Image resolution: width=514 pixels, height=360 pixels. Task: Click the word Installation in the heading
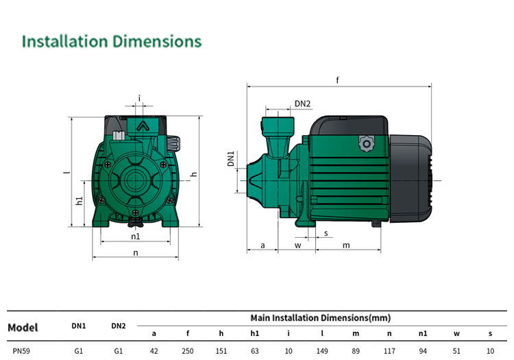pos(65,42)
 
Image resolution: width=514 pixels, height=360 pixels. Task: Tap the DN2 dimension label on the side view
pos(302,104)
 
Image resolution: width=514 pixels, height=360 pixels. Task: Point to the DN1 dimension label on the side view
pos(231,158)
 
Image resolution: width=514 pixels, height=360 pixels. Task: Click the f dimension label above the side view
pos(337,80)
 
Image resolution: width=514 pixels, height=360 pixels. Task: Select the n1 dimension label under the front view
pos(136,236)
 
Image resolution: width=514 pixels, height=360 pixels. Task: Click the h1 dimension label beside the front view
pos(79,201)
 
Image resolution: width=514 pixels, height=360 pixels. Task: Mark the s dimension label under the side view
pos(326,233)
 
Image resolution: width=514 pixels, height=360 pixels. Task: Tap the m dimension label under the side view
pos(346,245)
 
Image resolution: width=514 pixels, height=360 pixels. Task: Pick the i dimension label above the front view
pos(139,98)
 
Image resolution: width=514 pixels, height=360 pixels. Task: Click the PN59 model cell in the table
pos(21,351)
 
